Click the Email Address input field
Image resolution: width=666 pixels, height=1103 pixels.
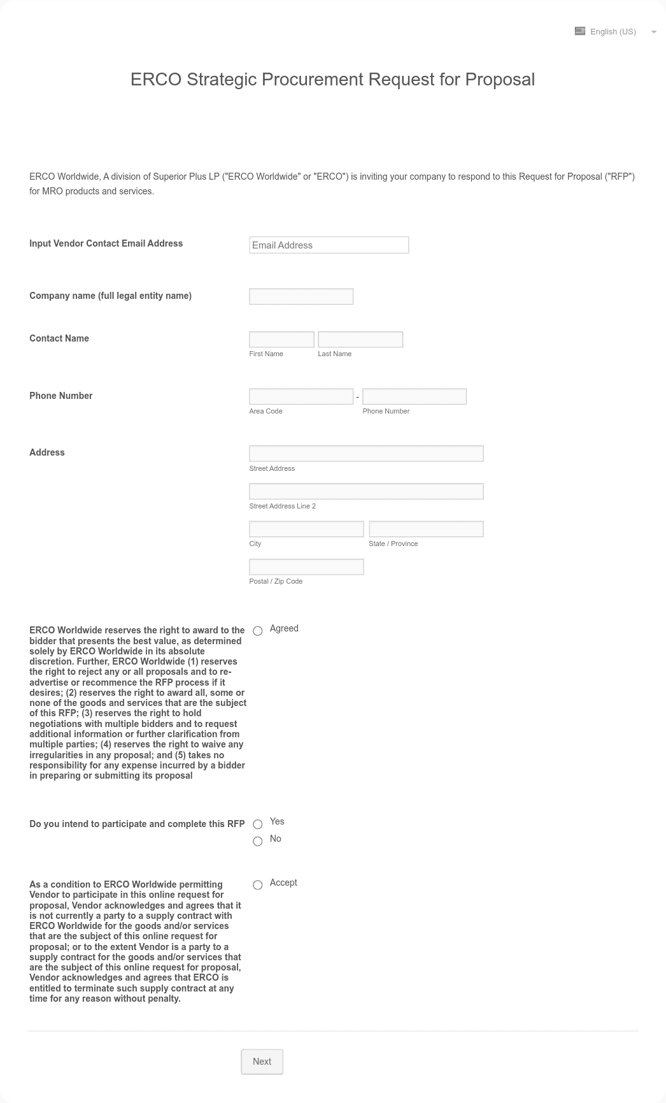(329, 245)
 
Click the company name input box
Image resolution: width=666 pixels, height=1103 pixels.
(301, 296)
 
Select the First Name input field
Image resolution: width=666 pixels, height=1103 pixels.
(281, 340)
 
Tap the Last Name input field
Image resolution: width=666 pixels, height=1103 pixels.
(360, 340)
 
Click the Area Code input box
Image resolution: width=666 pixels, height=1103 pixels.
(301, 396)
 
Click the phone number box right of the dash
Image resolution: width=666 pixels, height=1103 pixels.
(414, 396)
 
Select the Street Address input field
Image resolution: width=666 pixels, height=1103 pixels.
(366, 454)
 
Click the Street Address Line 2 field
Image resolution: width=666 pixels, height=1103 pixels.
(366, 491)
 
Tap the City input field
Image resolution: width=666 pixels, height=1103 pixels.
(306, 529)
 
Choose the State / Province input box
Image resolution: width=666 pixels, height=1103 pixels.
(426, 529)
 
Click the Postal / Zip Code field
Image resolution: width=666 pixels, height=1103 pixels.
(306, 567)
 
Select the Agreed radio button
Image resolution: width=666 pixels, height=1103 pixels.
(258, 631)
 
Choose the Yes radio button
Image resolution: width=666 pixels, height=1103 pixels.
(258, 825)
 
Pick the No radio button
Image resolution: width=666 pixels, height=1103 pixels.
(258, 842)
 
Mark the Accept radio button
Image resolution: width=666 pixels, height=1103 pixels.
(258, 885)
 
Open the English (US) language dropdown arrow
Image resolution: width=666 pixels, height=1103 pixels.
(654, 32)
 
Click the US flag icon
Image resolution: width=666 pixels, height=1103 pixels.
(580, 31)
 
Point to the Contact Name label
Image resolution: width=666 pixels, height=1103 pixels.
(59, 338)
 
